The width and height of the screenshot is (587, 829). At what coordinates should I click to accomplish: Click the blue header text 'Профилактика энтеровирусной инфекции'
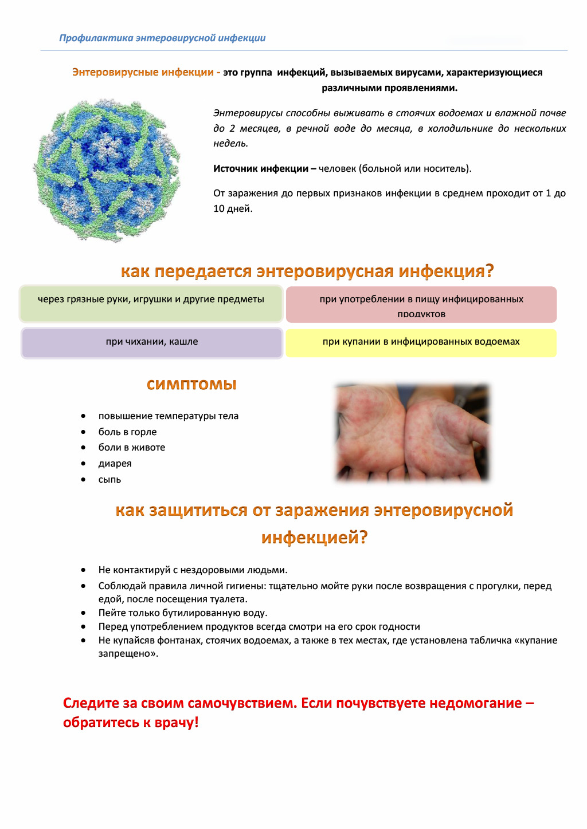[x=162, y=38]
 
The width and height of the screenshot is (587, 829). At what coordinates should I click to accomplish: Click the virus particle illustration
[x=107, y=170]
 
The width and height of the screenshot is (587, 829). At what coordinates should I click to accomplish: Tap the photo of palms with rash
[x=412, y=432]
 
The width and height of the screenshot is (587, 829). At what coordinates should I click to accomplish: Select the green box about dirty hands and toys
[x=151, y=303]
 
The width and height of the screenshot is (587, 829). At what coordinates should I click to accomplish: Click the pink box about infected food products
[x=421, y=305]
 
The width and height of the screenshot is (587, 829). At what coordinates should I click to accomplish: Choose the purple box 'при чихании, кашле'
[x=152, y=342]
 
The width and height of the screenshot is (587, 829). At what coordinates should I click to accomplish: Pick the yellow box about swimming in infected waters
[x=421, y=342]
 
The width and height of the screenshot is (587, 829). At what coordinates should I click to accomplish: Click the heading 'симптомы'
[x=191, y=384]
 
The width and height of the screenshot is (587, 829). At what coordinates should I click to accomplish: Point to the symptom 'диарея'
[x=115, y=464]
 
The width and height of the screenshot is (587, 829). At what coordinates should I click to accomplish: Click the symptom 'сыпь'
[x=109, y=480]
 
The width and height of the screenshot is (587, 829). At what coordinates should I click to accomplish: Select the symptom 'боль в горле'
[x=127, y=432]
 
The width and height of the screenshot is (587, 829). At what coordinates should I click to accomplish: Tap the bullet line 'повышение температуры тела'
[x=168, y=416]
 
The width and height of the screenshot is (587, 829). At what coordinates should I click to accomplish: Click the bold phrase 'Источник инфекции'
[x=261, y=169]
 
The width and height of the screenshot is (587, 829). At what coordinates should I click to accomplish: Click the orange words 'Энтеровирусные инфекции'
[x=143, y=73]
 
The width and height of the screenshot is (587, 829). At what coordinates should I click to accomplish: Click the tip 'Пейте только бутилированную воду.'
[x=183, y=613]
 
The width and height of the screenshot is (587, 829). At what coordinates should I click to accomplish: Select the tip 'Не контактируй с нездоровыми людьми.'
[x=193, y=570]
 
